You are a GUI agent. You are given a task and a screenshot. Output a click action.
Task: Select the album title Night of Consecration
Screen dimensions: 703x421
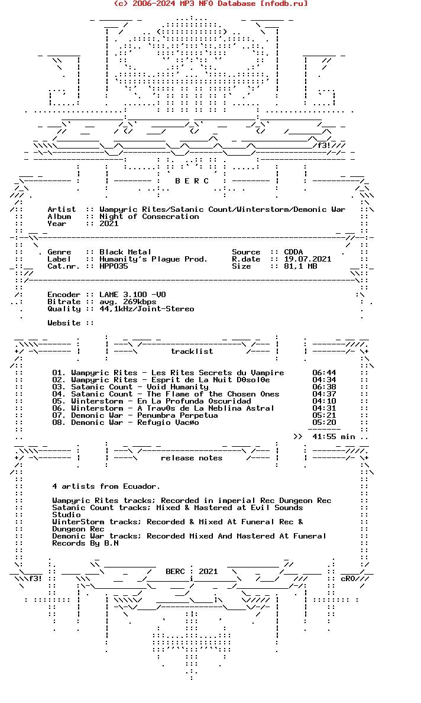point(149,217)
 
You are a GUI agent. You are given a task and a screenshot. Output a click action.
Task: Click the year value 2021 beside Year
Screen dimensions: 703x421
point(109,224)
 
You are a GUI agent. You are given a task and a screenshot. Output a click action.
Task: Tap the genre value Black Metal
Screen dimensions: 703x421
point(125,252)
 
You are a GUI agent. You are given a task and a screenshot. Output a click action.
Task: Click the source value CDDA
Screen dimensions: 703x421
point(293,252)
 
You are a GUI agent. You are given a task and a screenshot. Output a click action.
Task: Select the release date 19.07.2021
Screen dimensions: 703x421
point(307,259)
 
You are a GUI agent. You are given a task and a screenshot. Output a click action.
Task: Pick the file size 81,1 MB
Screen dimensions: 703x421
point(300,266)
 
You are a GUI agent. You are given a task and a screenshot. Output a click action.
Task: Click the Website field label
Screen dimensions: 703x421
point(64,323)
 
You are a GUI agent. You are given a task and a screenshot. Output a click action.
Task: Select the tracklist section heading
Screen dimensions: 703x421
point(192,352)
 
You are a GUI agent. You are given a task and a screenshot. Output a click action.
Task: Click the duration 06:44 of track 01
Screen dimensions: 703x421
point(324,373)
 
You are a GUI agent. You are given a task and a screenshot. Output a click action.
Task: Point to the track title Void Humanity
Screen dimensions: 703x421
point(177,387)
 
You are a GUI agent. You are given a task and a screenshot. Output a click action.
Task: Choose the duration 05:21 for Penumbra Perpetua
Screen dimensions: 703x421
point(324,415)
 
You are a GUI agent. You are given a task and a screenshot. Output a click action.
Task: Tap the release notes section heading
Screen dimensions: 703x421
point(192,458)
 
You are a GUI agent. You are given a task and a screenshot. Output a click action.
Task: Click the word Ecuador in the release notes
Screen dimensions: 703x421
point(140,486)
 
